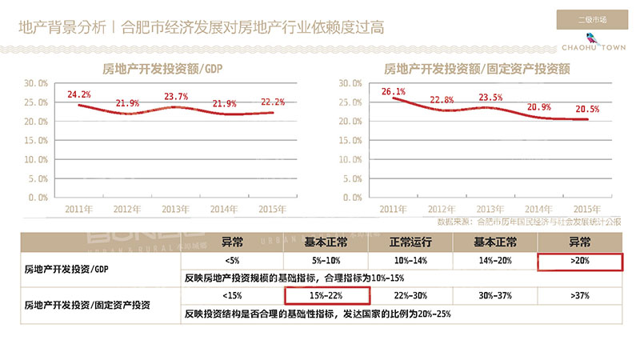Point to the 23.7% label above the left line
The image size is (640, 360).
[176, 97]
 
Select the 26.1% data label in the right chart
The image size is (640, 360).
[394, 91]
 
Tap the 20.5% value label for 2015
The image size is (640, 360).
[587, 109]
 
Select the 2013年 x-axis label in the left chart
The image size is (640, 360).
[176, 209]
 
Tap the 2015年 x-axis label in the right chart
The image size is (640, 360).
[587, 209]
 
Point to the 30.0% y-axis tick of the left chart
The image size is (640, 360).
[36, 83]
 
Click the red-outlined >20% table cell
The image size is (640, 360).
[580, 261]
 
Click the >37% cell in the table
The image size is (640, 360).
[580, 295]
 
